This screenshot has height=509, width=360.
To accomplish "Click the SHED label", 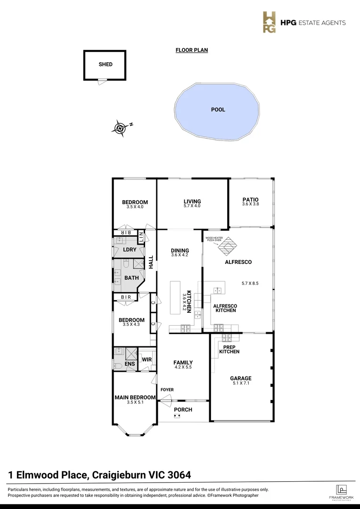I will coord(106,65).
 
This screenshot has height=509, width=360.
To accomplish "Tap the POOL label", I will coord(218,109).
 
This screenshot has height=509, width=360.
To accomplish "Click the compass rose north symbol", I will coord(121,127).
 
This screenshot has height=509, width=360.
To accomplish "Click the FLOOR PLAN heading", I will coord(191,50).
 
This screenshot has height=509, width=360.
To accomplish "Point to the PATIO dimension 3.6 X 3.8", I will coord(250,204).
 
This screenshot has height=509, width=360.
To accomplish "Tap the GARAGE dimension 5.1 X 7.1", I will coord(241,383).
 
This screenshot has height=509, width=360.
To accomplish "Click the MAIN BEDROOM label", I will coord(135,397).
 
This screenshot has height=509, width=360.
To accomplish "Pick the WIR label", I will coord(147,360).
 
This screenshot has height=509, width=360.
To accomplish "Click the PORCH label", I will coord(183,410).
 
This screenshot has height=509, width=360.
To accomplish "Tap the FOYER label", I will coord(167,390).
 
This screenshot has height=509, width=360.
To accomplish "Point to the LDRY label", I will coord(130,249).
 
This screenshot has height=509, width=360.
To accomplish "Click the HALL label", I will coord(151,262).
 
